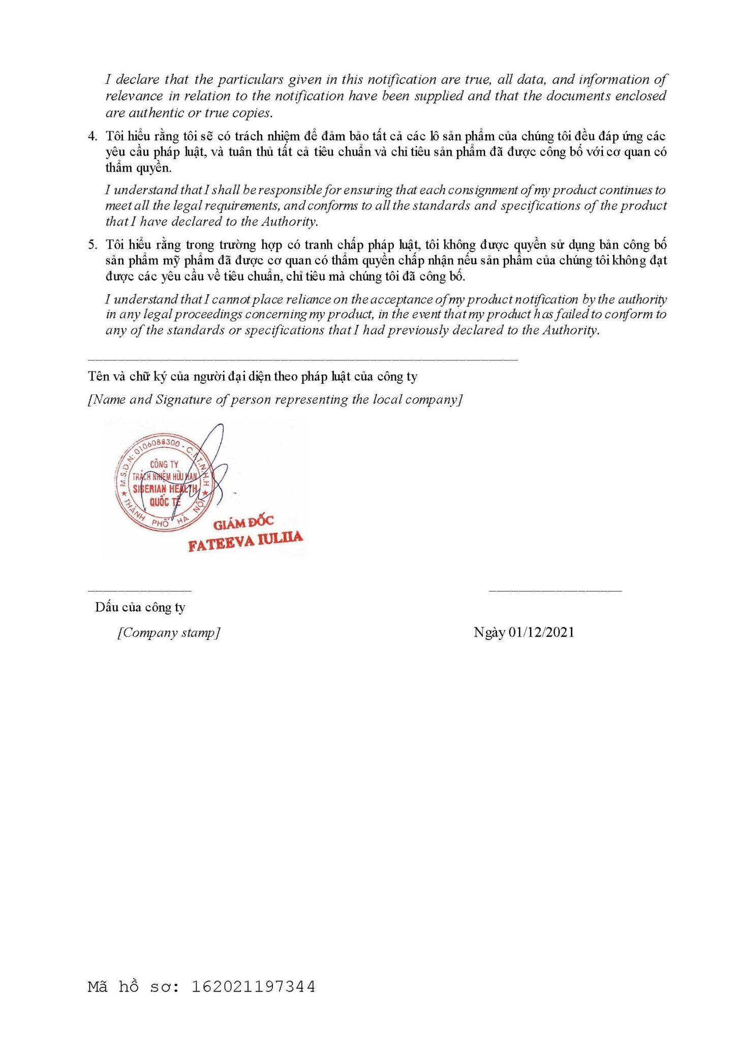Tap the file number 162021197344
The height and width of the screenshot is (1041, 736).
253,987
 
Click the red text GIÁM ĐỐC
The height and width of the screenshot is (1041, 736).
243,523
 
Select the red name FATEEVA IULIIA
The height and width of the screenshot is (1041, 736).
245,541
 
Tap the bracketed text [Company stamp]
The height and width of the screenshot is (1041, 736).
169,633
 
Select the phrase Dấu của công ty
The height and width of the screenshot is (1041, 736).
140,607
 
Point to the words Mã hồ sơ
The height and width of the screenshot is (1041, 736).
133,987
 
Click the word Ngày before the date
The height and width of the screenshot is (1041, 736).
489,632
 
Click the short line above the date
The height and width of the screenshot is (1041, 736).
555,591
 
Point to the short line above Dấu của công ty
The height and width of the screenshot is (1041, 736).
139,591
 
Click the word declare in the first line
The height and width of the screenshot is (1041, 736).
138,80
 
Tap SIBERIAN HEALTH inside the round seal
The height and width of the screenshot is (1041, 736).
165,489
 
